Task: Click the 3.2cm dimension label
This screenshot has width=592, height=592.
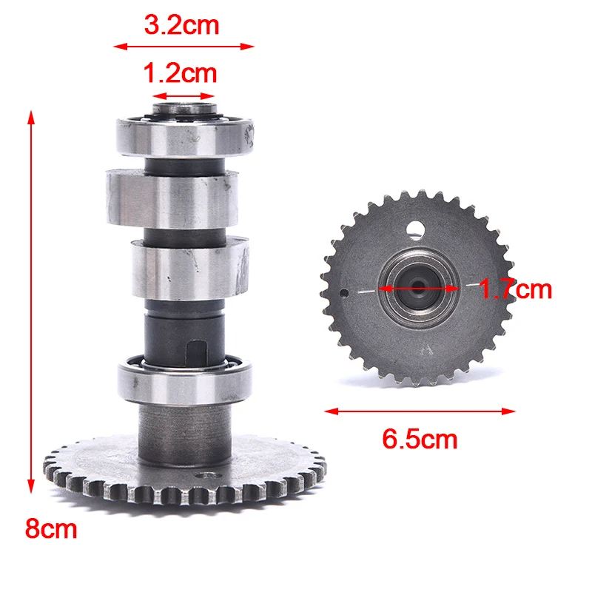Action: [181, 26]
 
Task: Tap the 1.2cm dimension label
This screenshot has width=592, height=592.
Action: [180, 73]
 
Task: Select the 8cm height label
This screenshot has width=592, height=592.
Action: [51, 529]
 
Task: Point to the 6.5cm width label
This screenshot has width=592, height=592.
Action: [420, 440]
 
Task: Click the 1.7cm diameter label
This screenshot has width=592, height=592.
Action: [515, 289]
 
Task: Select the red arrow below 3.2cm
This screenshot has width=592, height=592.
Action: [184, 47]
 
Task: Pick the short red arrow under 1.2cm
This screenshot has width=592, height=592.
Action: [183, 95]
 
